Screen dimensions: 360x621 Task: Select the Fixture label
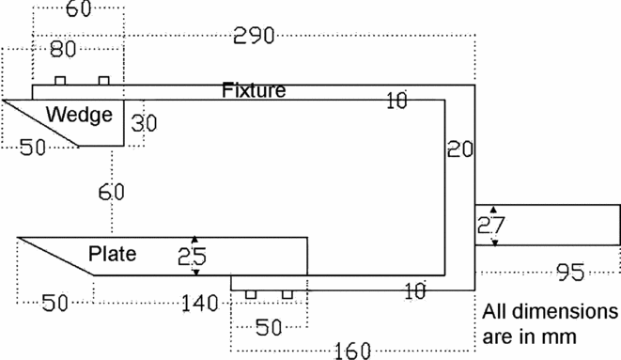click(x=254, y=90)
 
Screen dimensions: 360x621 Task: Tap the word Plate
click(x=112, y=254)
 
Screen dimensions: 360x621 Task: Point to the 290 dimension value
click(x=254, y=37)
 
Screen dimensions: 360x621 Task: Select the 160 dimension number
click(x=355, y=351)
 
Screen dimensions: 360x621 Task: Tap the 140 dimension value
click(x=199, y=303)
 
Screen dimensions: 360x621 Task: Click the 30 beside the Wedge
click(x=143, y=123)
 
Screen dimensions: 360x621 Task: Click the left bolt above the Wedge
click(x=59, y=80)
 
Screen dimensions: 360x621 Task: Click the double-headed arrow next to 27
click(x=495, y=226)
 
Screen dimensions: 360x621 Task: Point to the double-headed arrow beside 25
click(x=194, y=255)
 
